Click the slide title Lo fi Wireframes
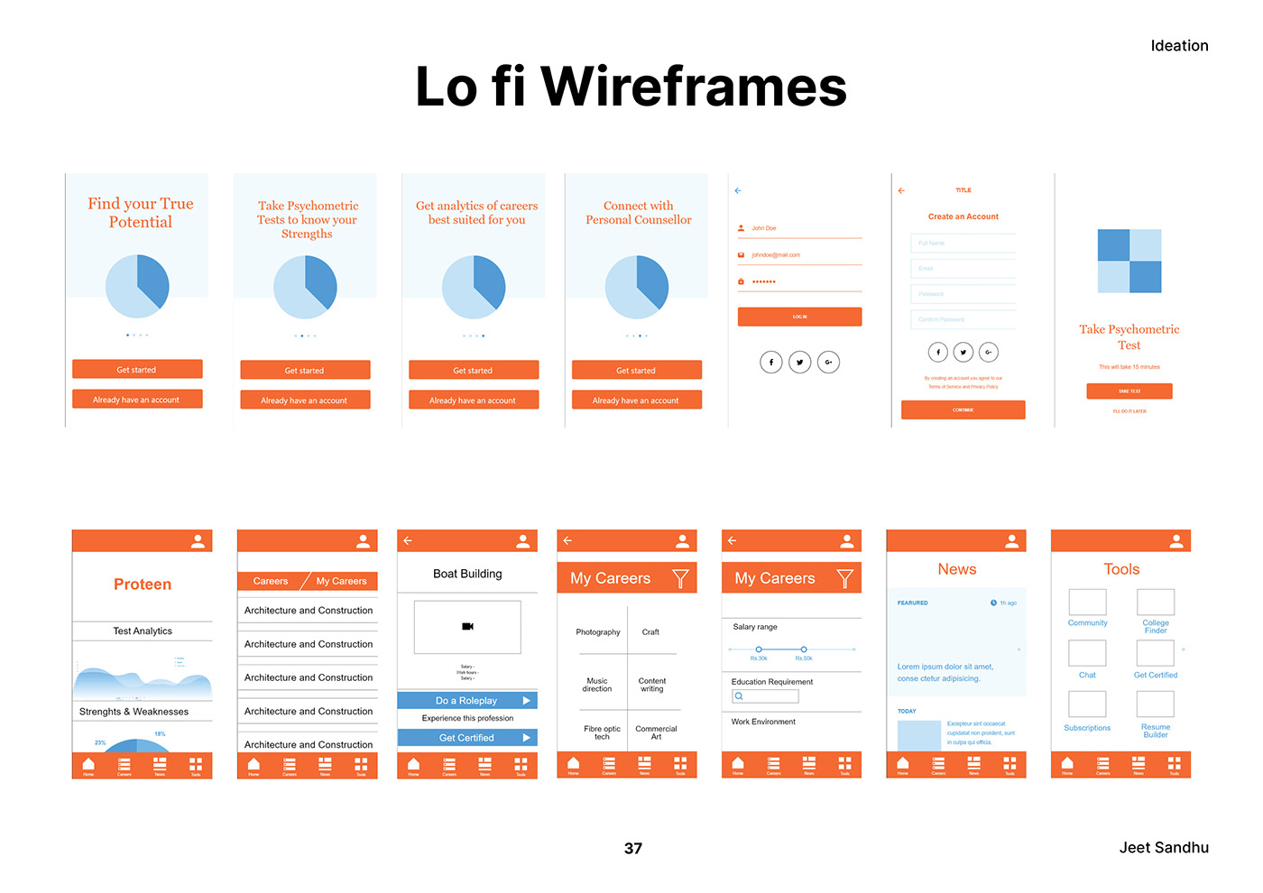click(631, 87)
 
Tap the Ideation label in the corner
click(1179, 46)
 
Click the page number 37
click(633, 848)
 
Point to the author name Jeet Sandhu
click(1164, 847)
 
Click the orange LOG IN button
click(799, 317)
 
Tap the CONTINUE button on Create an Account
click(963, 410)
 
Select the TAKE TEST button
click(1129, 391)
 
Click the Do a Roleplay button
click(467, 701)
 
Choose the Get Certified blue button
click(467, 738)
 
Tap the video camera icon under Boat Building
click(467, 626)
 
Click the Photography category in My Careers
click(597, 632)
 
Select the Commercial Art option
click(656, 732)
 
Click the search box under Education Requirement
click(765, 696)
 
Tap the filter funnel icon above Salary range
click(844, 578)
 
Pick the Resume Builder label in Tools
click(1155, 731)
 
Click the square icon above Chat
click(1087, 653)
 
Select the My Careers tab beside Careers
click(341, 581)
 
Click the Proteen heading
click(143, 585)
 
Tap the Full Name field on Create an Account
click(963, 244)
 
